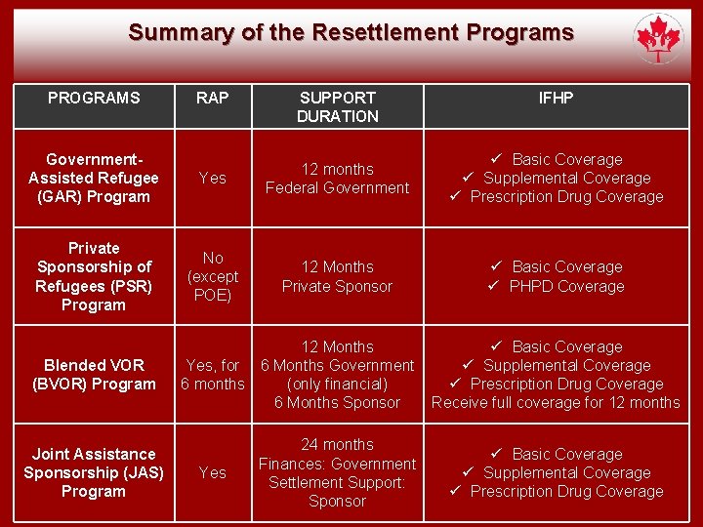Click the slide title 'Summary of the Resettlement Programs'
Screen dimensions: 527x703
pos(351,32)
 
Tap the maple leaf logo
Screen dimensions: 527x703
pos(658,39)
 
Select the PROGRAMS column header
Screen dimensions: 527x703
pos(94,98)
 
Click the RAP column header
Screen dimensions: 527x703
pos(212,98)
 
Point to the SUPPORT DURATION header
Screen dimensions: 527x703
pos(337,106)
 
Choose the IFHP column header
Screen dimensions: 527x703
pos(557,98)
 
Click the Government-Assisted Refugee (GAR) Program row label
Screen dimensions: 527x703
pos(94,178)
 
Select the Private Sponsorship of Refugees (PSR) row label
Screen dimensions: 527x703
pos(94,276)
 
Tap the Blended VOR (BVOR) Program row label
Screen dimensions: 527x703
pos(94,375)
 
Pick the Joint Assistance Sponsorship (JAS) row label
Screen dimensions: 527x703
pos(94,472)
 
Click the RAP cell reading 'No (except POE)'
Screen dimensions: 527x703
pos(213,276)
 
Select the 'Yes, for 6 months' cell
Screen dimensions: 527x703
pos(213,375)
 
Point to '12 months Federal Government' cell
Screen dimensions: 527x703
pos(337,179)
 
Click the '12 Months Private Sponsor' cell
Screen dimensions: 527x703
pos(337,276)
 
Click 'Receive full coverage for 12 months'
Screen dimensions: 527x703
pos(556,402)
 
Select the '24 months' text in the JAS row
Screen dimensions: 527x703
pos(337,445)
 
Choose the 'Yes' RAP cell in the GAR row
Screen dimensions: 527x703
pos(213,178)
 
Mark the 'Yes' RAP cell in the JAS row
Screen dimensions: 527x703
pos(213,472)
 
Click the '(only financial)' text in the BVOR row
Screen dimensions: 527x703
pos(337,384)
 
